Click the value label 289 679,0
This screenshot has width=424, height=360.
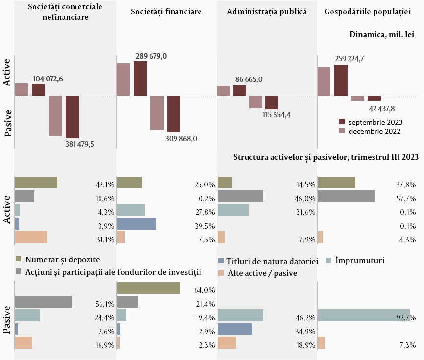(150, 56)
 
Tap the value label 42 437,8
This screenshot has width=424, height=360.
(382, 108)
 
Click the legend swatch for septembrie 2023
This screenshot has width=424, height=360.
(342, 122)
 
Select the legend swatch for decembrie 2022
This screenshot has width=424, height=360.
(342, 131)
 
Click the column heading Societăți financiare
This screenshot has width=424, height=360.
(166, 12)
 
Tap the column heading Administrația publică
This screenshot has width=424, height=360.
(267, 12)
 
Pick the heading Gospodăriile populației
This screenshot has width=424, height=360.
(368, 12)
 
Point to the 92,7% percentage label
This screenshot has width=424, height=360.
(406, 317)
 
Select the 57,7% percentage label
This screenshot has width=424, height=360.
(406, 199)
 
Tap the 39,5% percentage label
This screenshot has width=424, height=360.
(205, 226)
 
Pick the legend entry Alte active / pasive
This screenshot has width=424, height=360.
(262, 273)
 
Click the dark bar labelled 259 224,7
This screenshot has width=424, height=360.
(341, 80)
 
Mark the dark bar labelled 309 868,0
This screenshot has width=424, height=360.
(174, 114)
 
